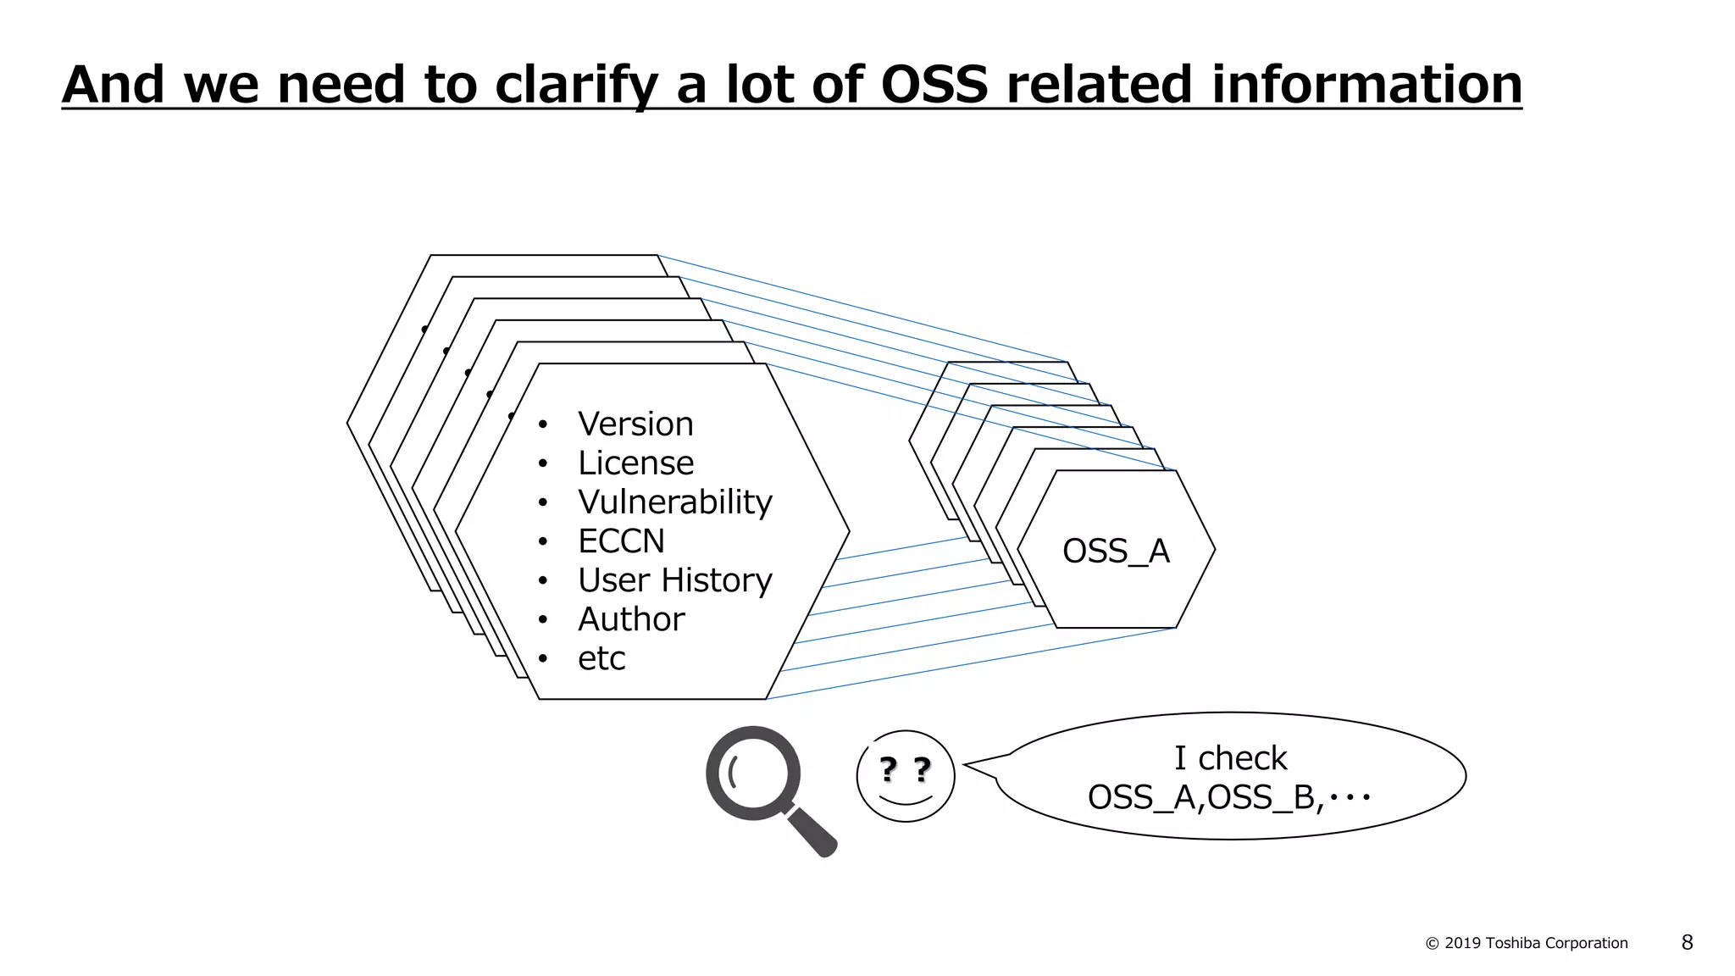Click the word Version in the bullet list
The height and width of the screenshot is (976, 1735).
(635, 424)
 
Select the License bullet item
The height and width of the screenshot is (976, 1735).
(635, 463)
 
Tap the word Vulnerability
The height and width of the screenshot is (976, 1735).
(674, 502)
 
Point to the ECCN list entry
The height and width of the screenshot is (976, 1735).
(621, 541)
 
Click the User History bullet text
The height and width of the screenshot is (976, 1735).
(674, 580)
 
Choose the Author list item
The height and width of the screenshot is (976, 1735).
(631, 619)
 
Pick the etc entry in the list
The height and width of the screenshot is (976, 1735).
(601, 659)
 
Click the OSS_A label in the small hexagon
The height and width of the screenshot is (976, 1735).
(1116, 552)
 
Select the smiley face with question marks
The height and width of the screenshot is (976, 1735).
(906, 776)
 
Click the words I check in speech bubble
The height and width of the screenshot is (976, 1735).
(1230, 758)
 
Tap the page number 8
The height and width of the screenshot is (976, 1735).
(1687, 942)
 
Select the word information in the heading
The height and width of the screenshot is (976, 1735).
(1366, 85)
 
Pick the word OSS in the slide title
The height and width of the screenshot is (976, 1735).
(934, 85)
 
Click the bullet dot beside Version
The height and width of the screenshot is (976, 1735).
(543, 424)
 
